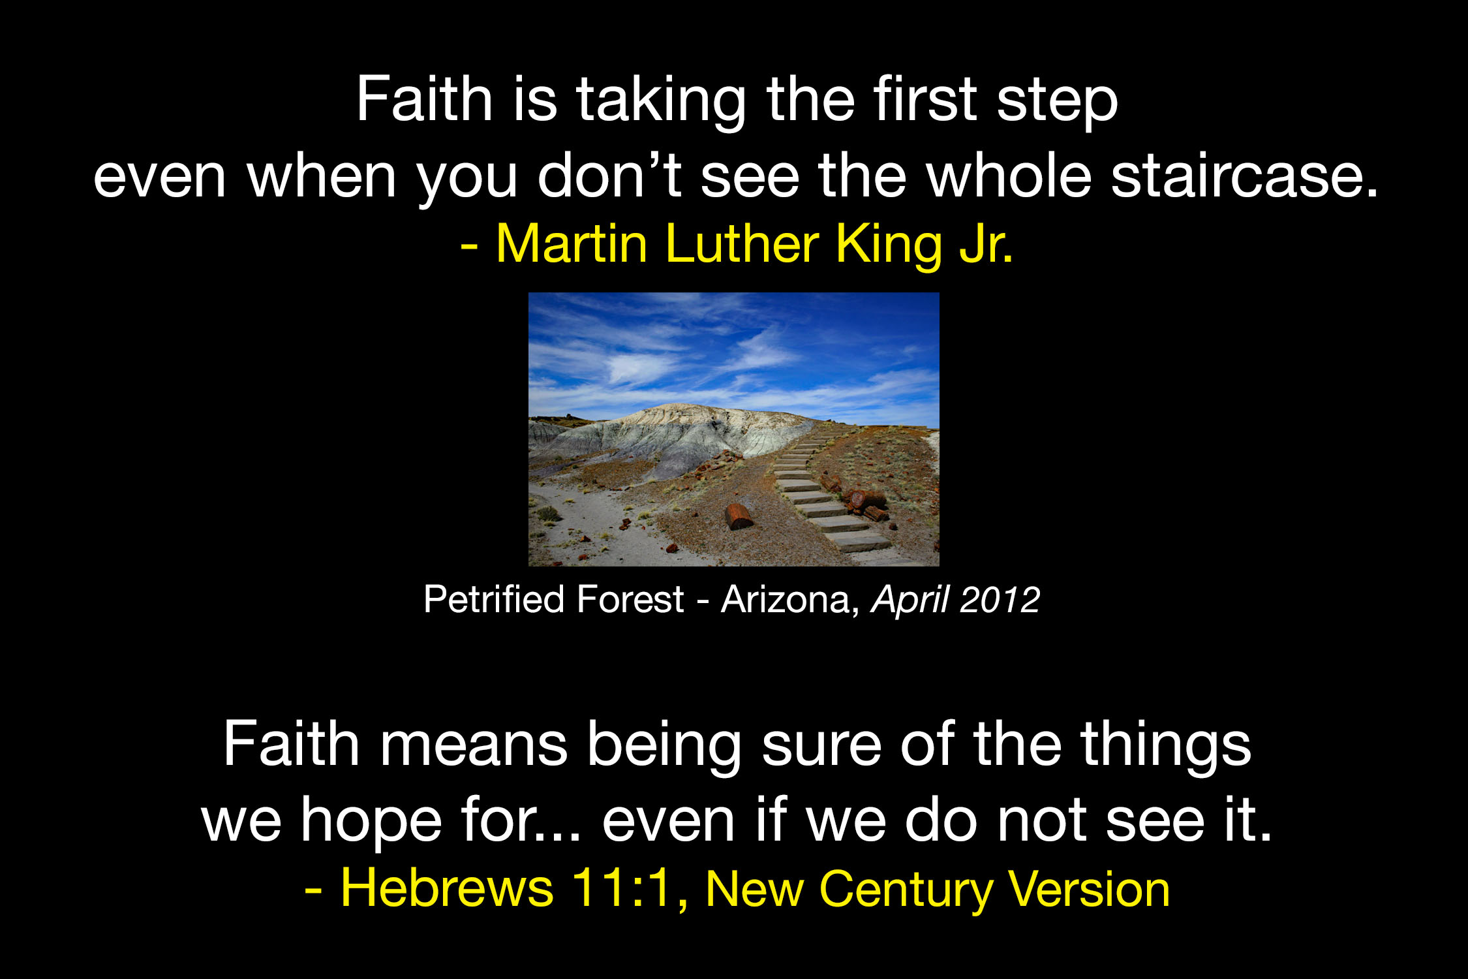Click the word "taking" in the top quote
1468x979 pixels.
point(661,101)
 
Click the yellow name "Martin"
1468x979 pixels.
point(572,243)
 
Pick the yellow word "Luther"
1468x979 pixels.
point(742,243)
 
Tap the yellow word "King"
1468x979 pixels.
point(890,247)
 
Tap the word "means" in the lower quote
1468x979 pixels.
point(474,745)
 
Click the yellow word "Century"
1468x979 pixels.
point(907,892)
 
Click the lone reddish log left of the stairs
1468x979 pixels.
point(739,516)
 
